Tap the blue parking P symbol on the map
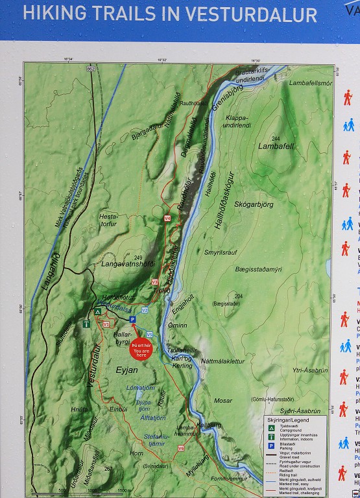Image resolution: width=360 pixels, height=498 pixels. pyautogui.click(x=132, y=320)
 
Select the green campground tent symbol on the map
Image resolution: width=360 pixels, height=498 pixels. pyautogui.click(x=98, y=311)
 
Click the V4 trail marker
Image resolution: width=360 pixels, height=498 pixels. pyautogui.click(x=167, y=219)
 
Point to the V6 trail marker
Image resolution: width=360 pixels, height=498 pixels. pyautogui.click(x=181, y=448)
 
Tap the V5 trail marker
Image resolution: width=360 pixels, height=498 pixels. pyautogui.click(x=149, y=334)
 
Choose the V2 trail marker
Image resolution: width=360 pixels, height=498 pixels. pyautogui.click(x=145, y=311)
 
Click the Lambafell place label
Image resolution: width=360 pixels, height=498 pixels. pyautogui.click(x=275, y=147)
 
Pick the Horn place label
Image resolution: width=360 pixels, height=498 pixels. pyautogui.click(x=136, y=453)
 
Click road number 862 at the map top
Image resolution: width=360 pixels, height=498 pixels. pyautogui.click(x=90, y=68)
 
